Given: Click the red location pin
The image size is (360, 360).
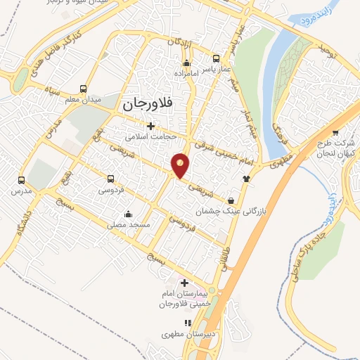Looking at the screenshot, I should pos(181,165).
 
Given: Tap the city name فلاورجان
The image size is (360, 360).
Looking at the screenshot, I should pos(151,104).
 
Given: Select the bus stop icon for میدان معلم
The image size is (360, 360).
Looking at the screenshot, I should pos(84,89).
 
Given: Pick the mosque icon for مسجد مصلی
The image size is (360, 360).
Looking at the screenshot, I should pos(127,214).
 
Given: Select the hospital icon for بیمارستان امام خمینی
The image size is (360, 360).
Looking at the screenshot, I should pos(184,282).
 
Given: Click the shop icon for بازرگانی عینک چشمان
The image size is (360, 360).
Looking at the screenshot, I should pos(232,199).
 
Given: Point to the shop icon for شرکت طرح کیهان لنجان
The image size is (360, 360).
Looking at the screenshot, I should pos(335,131).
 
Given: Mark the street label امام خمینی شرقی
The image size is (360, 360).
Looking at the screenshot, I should pos(227,150).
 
